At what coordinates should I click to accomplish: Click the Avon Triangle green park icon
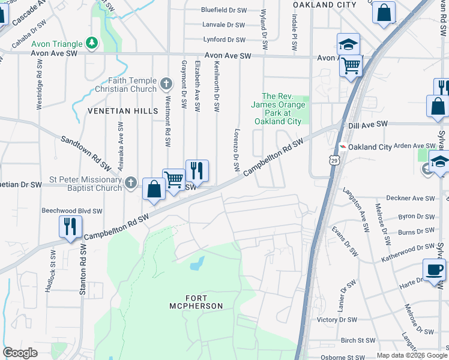pyautogui.click(x=91, y=43)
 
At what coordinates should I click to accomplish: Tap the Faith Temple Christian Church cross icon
pyautogui.click(x=167, y=82)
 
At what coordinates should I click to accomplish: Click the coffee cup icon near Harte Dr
pyautogui.click(x=434, y=269)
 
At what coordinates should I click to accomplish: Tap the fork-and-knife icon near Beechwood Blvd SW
pyautogui.click(x=70, y=227)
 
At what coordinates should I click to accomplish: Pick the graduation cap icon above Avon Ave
pyautogui.click(x=348, y=44)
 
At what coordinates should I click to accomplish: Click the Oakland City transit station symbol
pyautogui.click(x=342, y=147)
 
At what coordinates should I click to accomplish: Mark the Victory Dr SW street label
pyautogui.click(x=337, y=320)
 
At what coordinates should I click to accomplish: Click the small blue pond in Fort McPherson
pyautogui.click(x=197, y=263)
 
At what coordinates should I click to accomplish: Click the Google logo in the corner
pyautogui.click(x=20, y=353)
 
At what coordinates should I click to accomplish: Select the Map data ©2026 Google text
pyautogui.click(x=411, y=355)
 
